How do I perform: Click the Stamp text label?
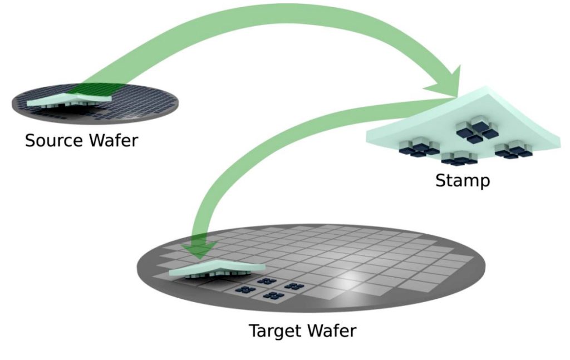click(x=463, y=181)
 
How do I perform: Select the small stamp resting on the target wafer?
click(x=217, y=269)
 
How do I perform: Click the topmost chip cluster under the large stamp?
click(x=476, y=130)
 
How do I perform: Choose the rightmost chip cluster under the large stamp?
click(x=514, y=150)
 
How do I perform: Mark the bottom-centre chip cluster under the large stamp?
click(x=459, y=158)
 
